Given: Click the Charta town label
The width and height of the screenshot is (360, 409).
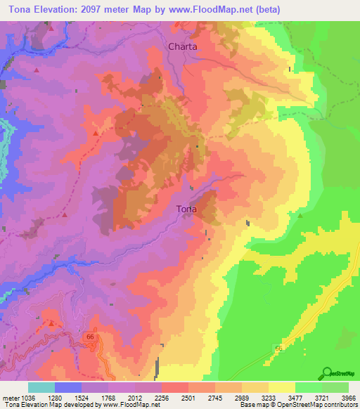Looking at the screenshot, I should click(x=183, y=47).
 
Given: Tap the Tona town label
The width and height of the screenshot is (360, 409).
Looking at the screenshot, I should click(x=186, y=209).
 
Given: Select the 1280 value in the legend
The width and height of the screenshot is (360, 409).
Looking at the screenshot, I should click(x=67, y=397).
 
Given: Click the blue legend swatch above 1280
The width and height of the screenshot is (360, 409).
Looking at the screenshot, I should click(x=67, y=387).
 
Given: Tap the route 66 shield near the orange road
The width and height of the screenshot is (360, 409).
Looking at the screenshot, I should click(x=90, y=337).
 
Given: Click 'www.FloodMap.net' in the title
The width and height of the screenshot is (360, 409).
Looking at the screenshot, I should click(x=237, y=8).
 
